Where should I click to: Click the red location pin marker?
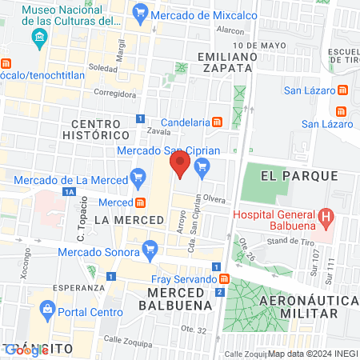coord(180,166)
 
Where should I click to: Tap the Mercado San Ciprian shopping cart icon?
coord(202,166)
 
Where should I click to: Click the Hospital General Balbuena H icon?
coord(326,216)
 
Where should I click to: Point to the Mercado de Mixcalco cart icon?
coord(142,12)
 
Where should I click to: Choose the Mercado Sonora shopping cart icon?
coord(150,251)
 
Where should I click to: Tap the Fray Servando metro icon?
coord(225,279)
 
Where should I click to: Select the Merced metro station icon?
coord(140,202)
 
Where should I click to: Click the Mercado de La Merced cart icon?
coord(138,177)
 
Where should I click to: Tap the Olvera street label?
coord(214,197)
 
